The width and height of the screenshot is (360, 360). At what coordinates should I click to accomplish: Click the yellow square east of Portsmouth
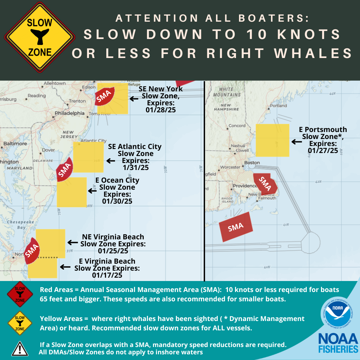click(x=272, y=140)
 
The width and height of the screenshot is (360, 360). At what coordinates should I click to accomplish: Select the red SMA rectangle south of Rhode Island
click(x=236, y=227)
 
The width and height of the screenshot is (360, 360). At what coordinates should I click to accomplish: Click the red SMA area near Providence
click(x=266, y=184)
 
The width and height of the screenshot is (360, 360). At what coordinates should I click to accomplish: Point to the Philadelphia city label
click(x=69, y=113)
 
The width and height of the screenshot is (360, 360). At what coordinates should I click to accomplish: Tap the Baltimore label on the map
click(x=15, y=144)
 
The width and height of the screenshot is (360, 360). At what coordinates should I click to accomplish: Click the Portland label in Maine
click(x=278, y=106)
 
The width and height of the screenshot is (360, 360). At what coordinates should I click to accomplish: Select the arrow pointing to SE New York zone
click(x=134, y=99)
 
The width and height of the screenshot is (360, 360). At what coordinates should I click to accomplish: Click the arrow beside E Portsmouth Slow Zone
click(x=296, y=142)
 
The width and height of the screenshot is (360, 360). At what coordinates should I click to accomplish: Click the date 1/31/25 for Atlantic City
click(x=135, y=167)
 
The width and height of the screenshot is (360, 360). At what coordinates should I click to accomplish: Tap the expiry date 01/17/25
click(x=107, y=275)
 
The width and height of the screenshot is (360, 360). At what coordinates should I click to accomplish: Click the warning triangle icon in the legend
click(x=20, y=348)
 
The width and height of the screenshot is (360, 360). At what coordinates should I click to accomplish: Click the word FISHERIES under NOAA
click(x=338, y=349)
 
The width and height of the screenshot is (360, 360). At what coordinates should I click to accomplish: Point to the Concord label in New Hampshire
click(x=237, y=126)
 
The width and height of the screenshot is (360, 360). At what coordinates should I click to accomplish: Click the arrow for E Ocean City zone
click(x=92, y=191)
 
